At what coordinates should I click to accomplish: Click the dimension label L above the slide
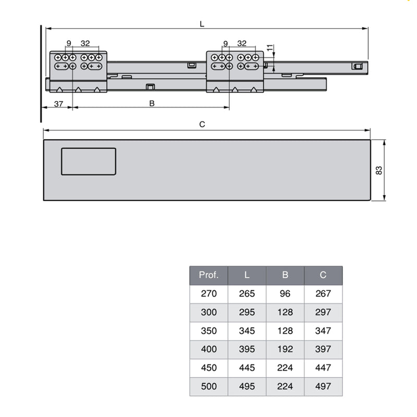[x=202, y=23]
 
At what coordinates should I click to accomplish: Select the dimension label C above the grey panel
[x=202, y=124]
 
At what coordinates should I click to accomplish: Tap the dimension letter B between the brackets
[x=152, y=104]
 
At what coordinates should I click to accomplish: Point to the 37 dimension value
[x=58, y=104]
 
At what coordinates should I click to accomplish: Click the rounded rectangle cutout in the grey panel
[x=88, y=161]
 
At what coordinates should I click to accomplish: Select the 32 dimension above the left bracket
[x=85, y=43]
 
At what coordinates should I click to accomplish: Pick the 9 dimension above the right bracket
[x=225, y=43]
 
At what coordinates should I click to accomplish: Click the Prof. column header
[x=208, y=275]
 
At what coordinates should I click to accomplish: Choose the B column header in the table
[x=285, y=275]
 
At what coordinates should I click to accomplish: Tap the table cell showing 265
[x=247, y=293]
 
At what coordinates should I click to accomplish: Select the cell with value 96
[x=285, y=293]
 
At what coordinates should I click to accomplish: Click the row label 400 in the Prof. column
[x=208, y=349]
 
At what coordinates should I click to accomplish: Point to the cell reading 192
[x=285, y=349]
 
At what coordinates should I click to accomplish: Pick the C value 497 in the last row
[x=323, y=387]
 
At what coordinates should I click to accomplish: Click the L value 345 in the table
[x=247, y=330]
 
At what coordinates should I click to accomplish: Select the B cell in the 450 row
[x=285, y=368]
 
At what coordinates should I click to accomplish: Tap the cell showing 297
[x=323, y=312]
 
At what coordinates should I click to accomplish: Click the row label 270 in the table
[x=208, y=293]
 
